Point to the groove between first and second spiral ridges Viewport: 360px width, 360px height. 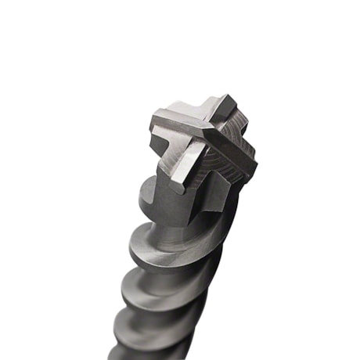pos(168,266)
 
